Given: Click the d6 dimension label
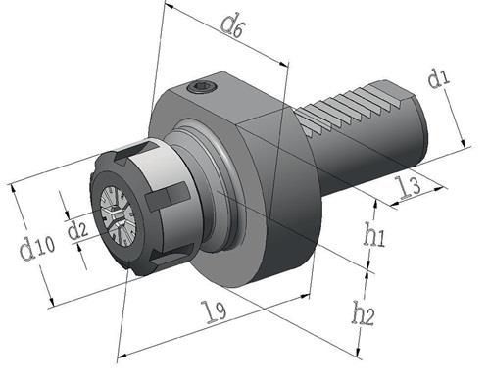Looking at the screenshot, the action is click(231, 26).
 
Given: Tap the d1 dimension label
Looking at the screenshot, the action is click(439, 78).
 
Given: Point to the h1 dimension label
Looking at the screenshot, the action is click(374, 234).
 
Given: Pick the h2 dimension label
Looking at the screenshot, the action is click(363, 313).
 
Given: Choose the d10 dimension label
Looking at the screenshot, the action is click(37, 247).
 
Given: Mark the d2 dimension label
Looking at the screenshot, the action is click(77, 230).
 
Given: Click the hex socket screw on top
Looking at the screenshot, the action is click(202, 87).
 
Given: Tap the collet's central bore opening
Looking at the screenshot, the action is click(115, 216).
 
